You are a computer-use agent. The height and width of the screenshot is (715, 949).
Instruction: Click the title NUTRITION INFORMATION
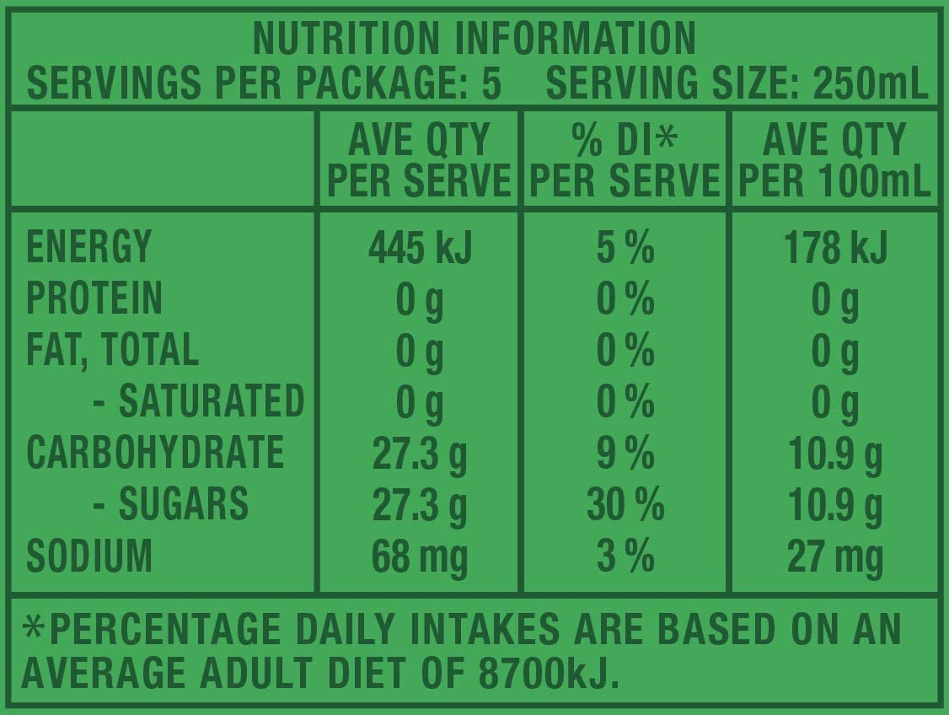(474, 38)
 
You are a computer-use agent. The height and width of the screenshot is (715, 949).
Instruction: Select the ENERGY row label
(89, 247)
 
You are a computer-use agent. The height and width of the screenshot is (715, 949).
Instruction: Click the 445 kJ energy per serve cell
(421, 247)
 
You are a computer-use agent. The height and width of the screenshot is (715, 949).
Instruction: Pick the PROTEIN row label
(94, 298)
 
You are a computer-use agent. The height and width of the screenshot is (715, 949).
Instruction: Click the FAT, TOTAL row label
(113, 350)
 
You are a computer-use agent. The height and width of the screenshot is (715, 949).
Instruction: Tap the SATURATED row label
(198, 401)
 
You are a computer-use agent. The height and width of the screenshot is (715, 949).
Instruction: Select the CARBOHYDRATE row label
(155, 453)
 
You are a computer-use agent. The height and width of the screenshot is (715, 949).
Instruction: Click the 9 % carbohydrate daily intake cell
(625, 454)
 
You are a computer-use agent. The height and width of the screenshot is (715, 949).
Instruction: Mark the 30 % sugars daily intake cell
(625, 505)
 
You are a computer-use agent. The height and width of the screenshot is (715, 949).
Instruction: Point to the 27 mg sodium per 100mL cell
(834, 556)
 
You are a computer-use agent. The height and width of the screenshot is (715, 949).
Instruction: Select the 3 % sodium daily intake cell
(625, 556)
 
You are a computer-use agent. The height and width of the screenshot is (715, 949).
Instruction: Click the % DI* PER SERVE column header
(625, 160)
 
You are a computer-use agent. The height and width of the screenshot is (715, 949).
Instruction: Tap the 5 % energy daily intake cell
(625, 247)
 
